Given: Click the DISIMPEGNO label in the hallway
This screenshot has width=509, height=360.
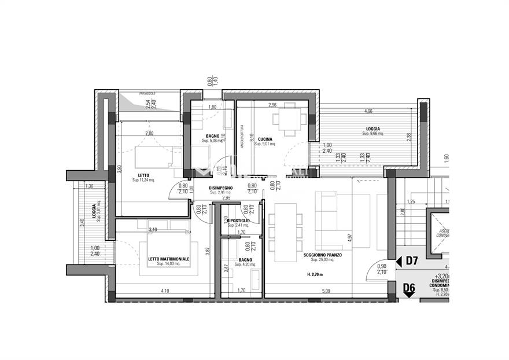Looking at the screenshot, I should (x=220, y=188).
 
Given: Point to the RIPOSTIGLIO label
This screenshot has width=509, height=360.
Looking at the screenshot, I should (x=238, y=221).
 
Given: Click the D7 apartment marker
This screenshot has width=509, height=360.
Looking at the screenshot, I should (x=411, y=261).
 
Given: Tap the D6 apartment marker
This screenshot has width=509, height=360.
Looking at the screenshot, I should (x=409, y=287).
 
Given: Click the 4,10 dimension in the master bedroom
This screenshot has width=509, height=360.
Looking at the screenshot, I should (x=165, y=291).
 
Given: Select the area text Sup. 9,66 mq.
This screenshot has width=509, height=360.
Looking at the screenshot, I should (x=374, y=134).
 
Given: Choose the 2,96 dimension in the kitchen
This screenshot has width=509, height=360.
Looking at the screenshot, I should (x=272, y=105).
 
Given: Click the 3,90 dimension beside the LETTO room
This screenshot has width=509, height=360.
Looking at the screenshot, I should (x=119, y=169).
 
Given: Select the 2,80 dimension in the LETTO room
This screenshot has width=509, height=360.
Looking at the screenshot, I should (x=149, y=133).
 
